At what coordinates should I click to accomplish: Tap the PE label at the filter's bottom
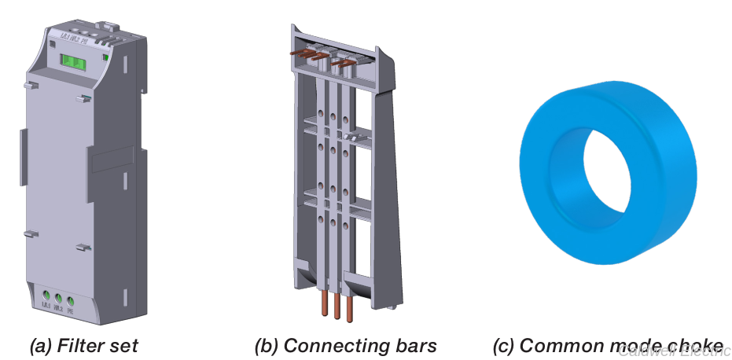coord(72,309)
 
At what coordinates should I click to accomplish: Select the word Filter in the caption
coord(80,345)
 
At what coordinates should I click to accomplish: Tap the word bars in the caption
coord(414,345)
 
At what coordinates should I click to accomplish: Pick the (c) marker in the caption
coord(504,345)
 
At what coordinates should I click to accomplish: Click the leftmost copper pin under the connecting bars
coord(323,303)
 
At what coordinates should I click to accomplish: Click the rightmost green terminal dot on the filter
coord(71,299)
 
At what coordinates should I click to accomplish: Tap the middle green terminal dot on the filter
coord(58,298)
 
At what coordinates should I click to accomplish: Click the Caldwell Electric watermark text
coord(674,351)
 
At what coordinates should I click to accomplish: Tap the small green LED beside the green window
coord(105,57)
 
